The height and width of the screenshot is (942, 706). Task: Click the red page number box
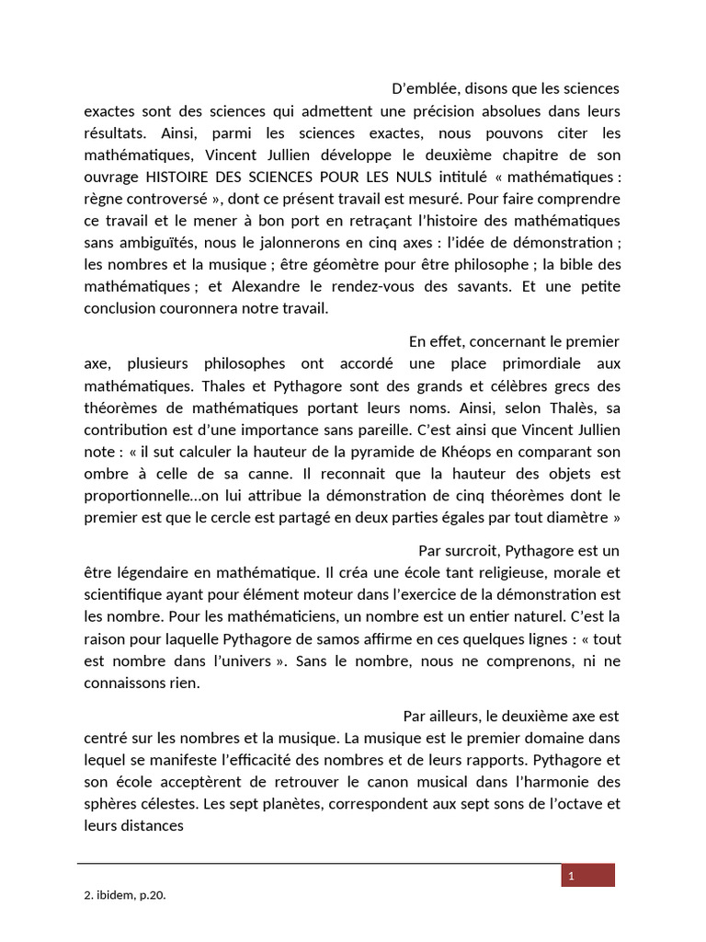[x=587, y=876]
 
